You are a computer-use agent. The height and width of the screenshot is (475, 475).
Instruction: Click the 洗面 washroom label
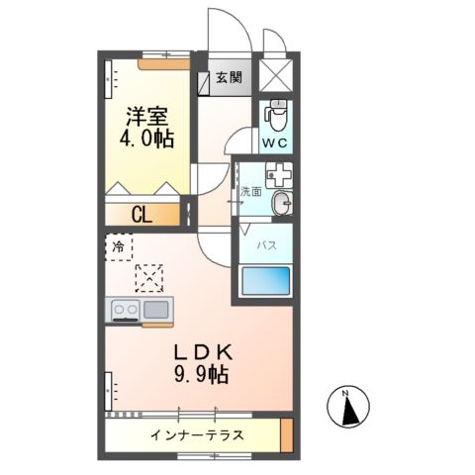point(250,192)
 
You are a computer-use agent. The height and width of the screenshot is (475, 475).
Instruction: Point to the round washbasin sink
point(282,204)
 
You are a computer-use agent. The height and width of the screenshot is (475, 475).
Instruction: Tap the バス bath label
point(267,243)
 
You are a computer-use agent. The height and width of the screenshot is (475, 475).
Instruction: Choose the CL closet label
point(142,214)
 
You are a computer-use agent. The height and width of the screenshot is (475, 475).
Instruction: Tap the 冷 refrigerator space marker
point(118,245)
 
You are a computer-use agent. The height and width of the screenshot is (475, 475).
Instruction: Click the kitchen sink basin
point(156,310)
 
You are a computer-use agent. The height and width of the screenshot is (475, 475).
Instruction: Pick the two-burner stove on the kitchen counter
point(125,310)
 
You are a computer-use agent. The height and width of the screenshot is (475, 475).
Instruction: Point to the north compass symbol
point(347,408)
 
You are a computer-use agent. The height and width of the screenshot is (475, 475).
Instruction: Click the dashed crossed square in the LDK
point(151,277)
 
